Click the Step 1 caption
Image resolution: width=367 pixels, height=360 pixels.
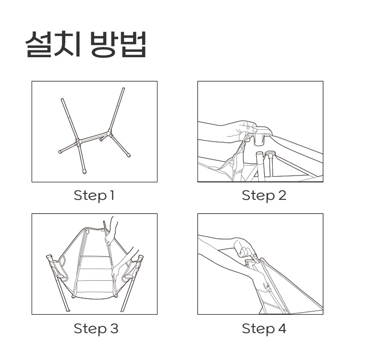94,196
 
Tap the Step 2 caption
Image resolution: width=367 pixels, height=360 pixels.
264,196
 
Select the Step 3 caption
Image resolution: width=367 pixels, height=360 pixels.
96,328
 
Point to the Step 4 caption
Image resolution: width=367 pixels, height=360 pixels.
264,328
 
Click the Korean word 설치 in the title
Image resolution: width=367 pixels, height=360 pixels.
53,44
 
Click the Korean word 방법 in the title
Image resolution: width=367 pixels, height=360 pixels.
118,44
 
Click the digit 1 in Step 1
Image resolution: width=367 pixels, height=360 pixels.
112,195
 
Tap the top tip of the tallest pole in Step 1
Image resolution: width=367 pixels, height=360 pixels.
123,88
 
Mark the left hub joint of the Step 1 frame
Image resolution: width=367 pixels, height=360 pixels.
78,142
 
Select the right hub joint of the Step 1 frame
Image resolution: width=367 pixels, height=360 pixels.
110,133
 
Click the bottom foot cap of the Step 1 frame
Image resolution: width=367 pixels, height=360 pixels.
84,172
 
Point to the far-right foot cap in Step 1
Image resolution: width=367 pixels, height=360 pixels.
128,155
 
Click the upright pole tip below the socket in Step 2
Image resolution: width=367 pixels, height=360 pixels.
260,154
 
